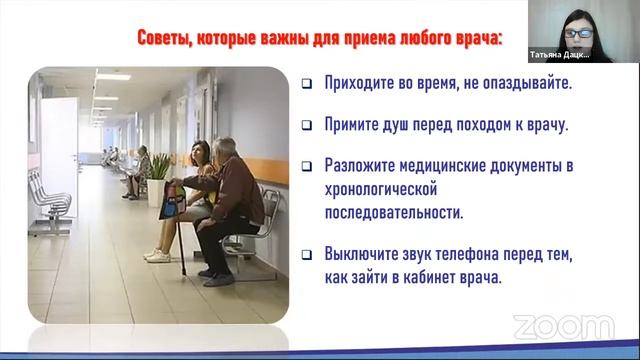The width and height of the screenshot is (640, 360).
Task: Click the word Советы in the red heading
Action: click(164, 39)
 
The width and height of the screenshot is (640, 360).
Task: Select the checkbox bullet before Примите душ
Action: click(307, 126)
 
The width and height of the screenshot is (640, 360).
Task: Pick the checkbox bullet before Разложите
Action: click(307, 166)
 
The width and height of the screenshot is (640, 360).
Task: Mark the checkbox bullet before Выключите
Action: click(307, 255)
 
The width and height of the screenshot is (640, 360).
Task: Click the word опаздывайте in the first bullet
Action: click(525, 84)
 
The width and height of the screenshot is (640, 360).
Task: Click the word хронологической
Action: click(383, 189)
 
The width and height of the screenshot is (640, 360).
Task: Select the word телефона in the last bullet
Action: click(474, 255)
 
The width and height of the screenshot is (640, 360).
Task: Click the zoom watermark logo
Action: click(563, 327)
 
